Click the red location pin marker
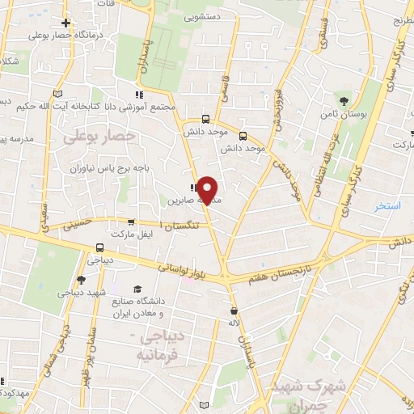(208, 190)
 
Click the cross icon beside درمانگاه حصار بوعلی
(65, 23)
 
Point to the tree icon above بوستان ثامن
(344, 101)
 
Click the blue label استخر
(387, 207)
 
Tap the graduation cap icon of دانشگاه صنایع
(137, 289)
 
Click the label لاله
(235, 323)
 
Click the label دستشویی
(204, 15)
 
